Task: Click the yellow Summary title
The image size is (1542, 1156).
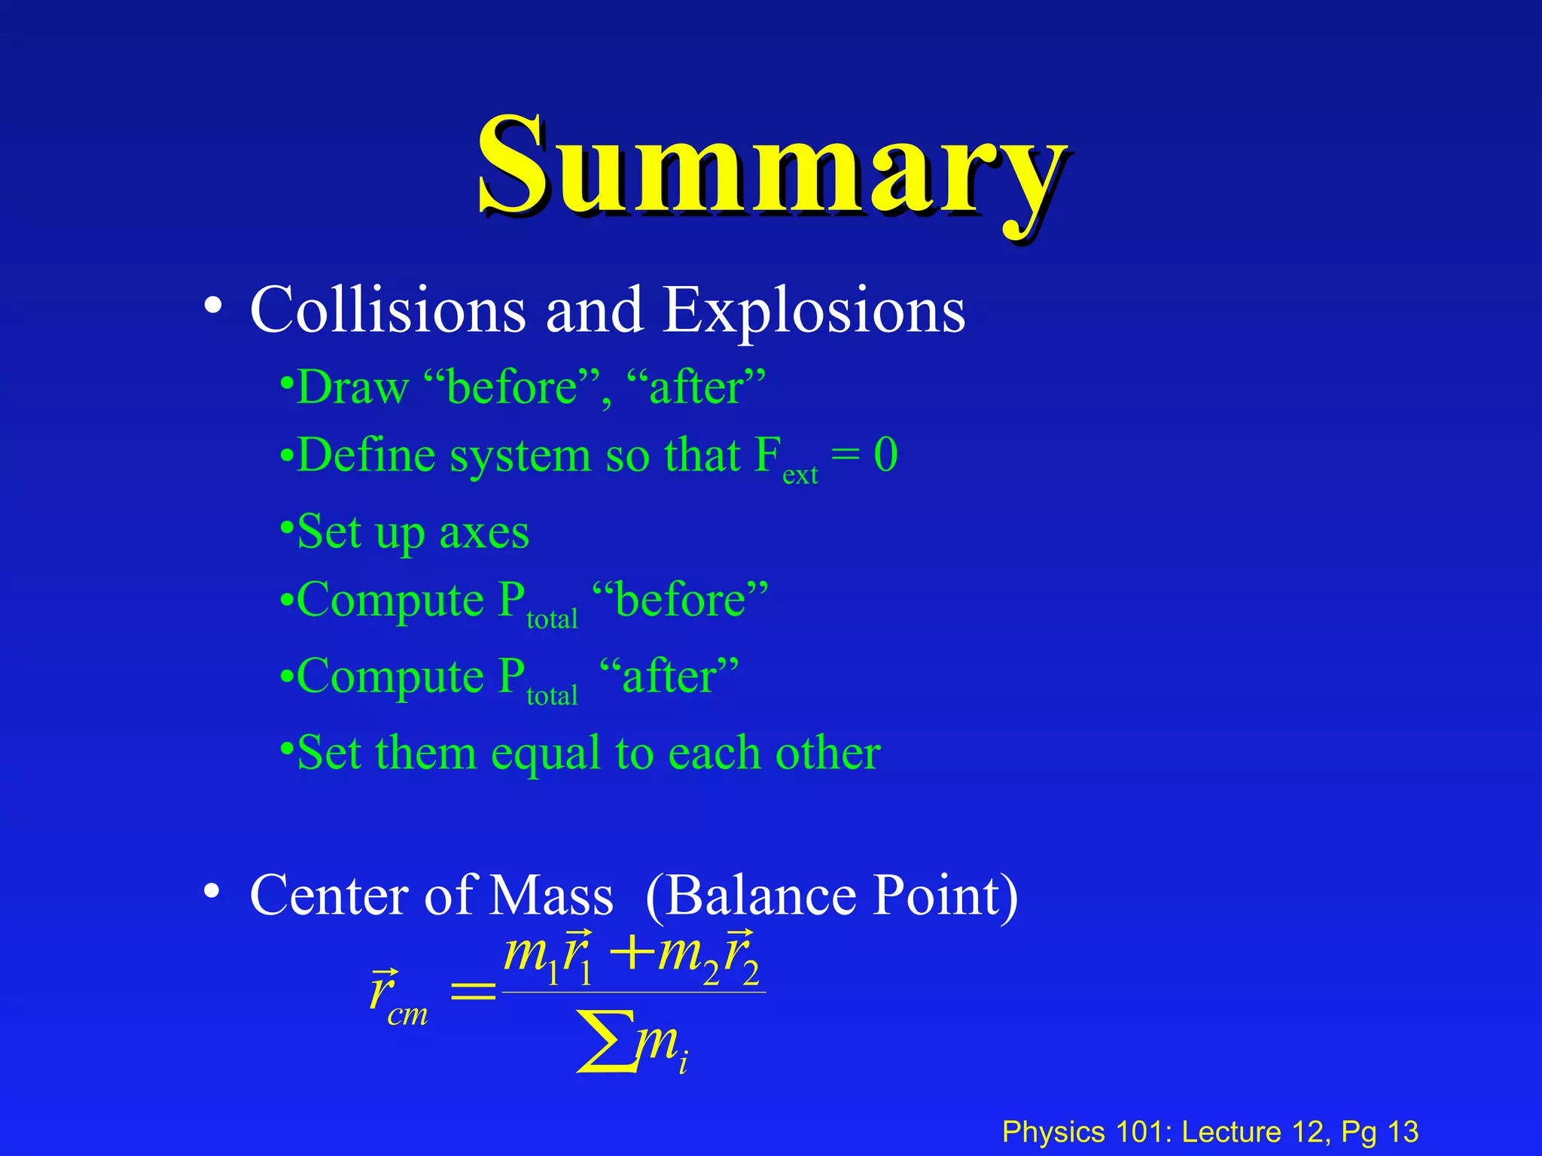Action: (x=773, y=167)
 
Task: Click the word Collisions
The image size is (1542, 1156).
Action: (x=388, y=310)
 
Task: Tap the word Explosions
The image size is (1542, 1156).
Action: (x=814, y=310)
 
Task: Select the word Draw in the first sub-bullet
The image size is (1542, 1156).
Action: (x=352, y=388)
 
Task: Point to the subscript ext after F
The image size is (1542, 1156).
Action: (x=800, y=476)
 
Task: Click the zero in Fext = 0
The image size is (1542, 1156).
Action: (x=885, y=455)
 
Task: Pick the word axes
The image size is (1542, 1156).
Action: (x=484, y=533)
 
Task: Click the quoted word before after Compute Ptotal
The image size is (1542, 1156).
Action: (x=680, y=600)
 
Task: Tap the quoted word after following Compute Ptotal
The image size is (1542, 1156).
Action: (x=669, y=676)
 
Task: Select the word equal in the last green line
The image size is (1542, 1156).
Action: (x=546, y=753)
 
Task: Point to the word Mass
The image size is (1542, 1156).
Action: (x=551, y=896)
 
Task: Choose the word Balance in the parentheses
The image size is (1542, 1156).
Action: (x=761, y=896)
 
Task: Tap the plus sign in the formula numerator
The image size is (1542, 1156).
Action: (x=631, y=954)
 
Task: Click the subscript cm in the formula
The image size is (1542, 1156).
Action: (x=407, y=1015)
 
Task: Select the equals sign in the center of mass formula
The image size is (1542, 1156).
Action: (x=473, y=993)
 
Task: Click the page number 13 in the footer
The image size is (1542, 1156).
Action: (x=1403, y=1132)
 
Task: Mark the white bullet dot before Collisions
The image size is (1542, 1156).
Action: (x=212, y=307)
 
